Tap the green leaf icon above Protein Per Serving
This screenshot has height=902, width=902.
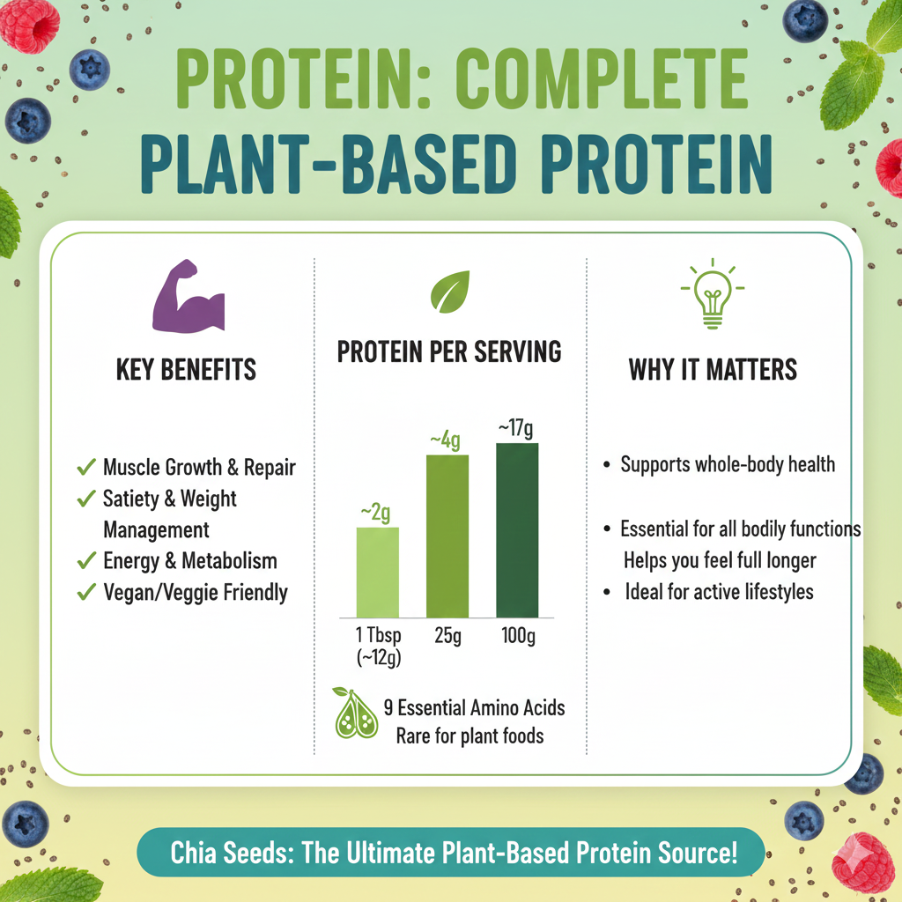coord(449,292)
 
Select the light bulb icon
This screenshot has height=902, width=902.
coord(712,294)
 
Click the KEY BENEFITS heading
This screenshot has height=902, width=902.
coord(186,370)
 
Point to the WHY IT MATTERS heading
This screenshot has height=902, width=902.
coord(713,370)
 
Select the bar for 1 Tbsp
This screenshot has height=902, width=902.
coord(377,572)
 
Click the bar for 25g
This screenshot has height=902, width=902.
coord(447,536)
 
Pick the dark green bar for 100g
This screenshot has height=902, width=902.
coord(517,529)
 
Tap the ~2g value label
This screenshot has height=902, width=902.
coord(375,513)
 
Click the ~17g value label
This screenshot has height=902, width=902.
coord(516,429)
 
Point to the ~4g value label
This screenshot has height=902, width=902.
coord(445,440)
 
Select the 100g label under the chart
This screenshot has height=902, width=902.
coord(517,636)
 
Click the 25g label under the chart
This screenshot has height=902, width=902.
coord(447,636)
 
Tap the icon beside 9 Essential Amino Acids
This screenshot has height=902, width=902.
coord(355,713)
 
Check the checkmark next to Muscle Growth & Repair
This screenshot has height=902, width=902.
coord(86,467)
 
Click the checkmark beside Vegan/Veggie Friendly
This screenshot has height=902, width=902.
coord(86,592)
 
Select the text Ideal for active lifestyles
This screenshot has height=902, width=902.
coord(719,591)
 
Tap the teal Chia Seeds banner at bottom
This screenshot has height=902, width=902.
coord(451,853)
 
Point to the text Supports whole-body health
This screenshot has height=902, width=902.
coord(728,464)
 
